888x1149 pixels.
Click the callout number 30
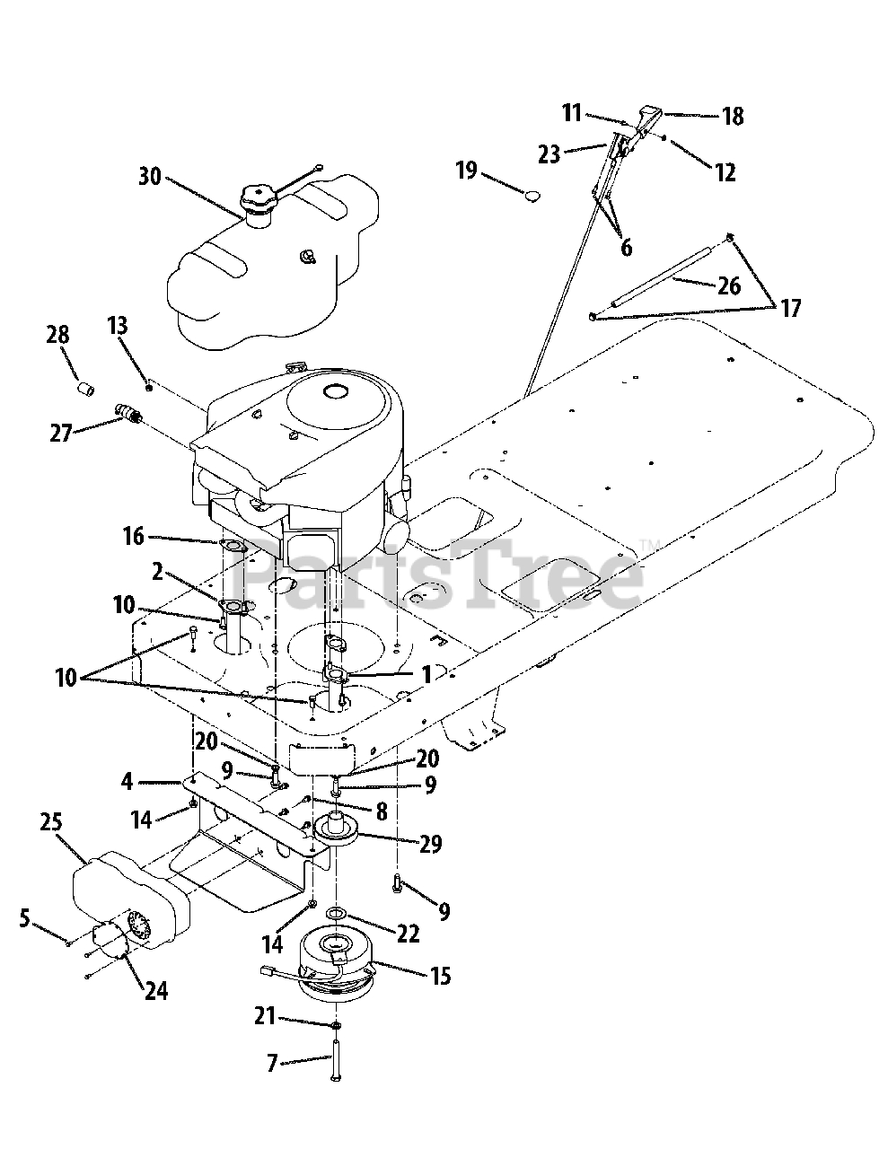150,176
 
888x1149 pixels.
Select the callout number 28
57,335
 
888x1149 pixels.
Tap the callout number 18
733,116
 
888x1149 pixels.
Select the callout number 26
729,285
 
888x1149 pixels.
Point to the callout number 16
133,537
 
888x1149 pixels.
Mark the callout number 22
408,934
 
